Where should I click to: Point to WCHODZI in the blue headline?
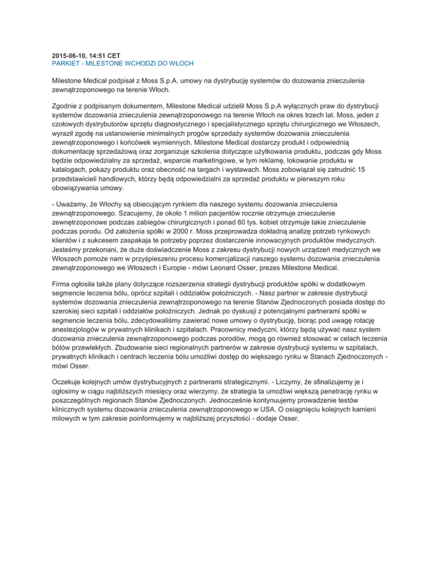click(x=139, y=62)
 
